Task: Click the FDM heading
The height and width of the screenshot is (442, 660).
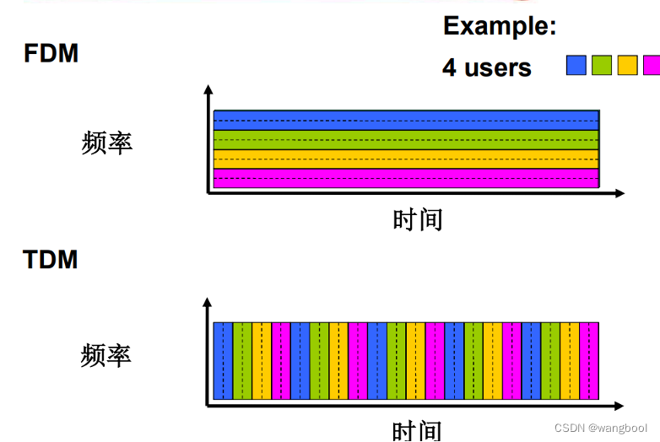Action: [x=51, y=54]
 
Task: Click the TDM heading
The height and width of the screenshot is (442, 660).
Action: [x=51, y=259]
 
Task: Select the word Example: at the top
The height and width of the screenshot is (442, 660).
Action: [x=500, y=26]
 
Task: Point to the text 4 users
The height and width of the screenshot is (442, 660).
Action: [x=487, y=67]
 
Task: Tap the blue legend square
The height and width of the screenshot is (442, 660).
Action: [x=576, y=65]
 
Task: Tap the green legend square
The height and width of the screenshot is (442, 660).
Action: [x=601, y=65]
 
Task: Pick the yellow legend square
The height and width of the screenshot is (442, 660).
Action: [x=626, y=65]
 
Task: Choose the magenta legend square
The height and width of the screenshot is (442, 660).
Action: [x=651, y=65]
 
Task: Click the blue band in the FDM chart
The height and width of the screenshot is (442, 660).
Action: [x=405, y=120]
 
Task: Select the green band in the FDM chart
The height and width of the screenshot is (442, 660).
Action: [x=405, y=139]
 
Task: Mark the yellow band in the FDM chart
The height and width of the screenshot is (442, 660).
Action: [x=405, y=159]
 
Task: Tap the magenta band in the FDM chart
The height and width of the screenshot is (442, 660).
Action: [x=405, y=178]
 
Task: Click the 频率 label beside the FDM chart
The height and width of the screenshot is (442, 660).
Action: [x=107, y=143]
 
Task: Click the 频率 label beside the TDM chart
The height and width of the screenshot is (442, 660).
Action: [x=107, y=354]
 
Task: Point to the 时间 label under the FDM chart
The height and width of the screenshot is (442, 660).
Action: [x=418, y=219]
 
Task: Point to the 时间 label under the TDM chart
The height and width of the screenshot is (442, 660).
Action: [x=418, y=430]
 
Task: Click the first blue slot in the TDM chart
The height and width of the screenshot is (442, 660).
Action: [x=223, y=360]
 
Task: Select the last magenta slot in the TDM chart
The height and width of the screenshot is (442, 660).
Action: [x=589, y=360]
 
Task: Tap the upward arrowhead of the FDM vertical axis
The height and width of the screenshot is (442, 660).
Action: [x=208, y=89]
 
